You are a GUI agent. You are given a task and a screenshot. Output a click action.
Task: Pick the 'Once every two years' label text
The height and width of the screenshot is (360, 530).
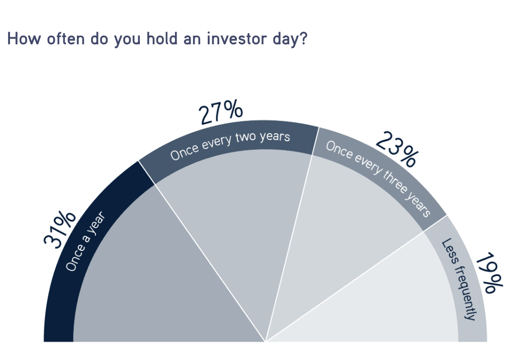tap(230, 145)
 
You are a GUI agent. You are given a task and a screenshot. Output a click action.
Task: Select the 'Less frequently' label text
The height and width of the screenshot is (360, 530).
tap(458, 280)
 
